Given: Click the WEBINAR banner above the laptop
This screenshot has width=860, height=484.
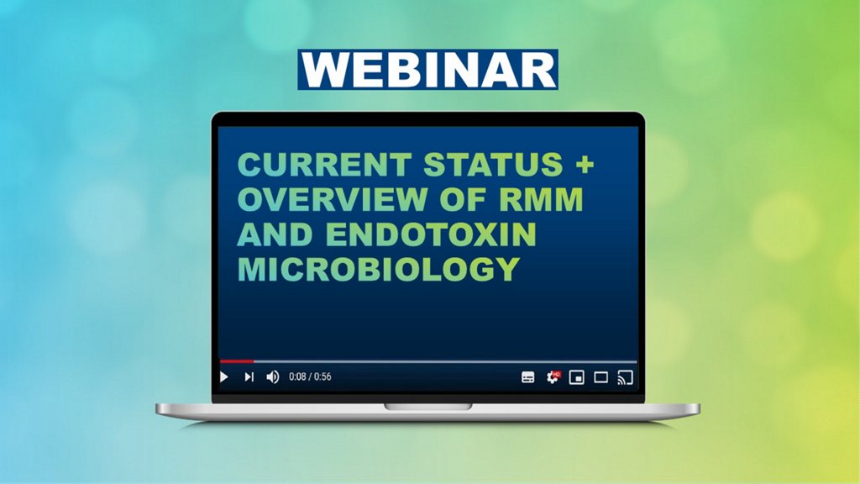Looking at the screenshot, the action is tap(427, 70).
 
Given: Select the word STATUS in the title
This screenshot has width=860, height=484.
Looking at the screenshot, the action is tap(494, 165).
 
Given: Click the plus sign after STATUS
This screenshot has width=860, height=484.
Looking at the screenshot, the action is tap(585, 165).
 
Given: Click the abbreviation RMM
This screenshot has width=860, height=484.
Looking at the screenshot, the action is tap(541, 199).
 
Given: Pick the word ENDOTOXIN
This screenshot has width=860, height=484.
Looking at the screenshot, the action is tap(431, 234).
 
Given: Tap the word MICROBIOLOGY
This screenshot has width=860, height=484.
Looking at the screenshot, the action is tap(379, 270).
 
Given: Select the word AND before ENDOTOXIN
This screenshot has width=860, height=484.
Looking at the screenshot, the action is tap(275, 234).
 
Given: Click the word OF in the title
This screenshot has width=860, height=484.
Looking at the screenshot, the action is tap(463, 199).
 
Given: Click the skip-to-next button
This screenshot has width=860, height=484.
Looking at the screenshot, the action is tap(249, 377).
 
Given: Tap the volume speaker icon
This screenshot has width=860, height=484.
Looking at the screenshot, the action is tap(273, 377).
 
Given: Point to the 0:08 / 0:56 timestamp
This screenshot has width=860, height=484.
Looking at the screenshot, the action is tap(310, 377).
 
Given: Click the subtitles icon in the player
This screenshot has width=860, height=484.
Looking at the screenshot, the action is tap(527, 377).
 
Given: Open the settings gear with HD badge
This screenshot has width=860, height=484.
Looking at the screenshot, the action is tap(553, 377).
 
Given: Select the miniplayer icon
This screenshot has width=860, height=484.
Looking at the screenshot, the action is tap(576, 377).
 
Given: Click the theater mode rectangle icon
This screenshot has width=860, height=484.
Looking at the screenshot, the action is tap(601, 377).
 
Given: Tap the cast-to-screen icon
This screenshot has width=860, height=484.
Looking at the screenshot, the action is tap(625, 377).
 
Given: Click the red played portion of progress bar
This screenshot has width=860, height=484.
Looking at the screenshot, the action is tap(236, 361).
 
